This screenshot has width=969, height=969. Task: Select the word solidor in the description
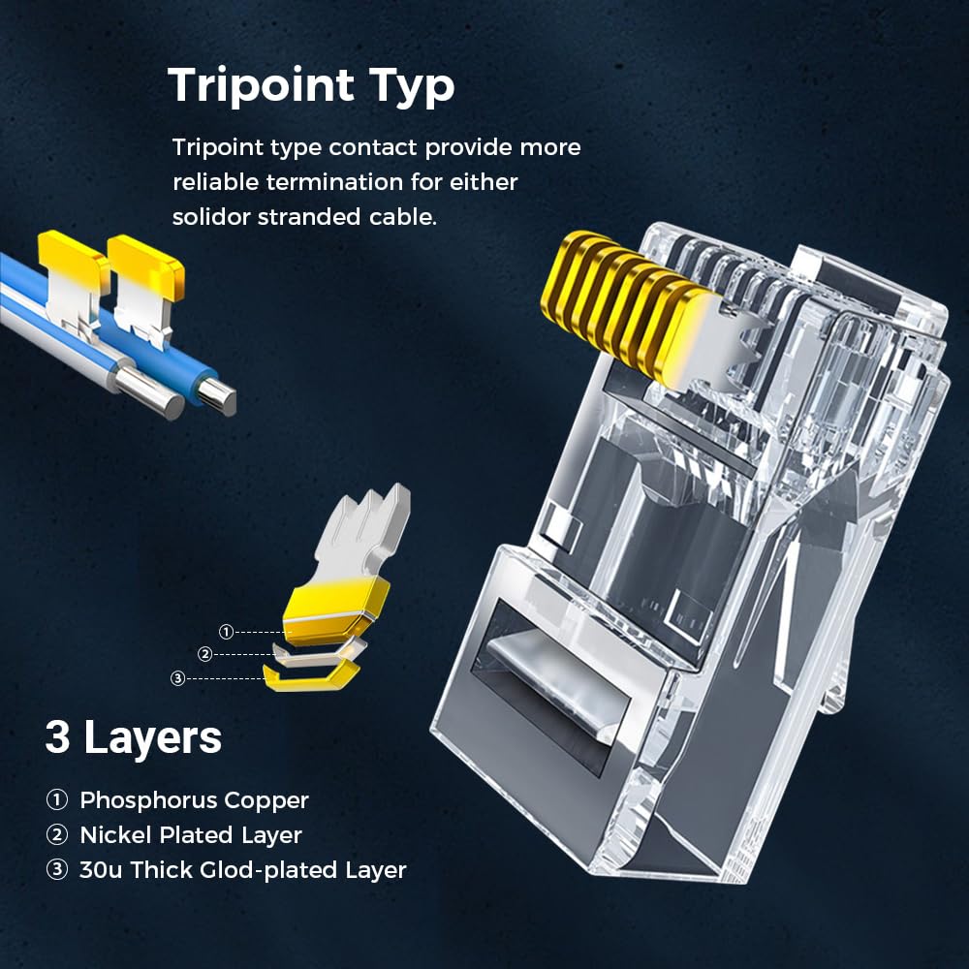[210, 216]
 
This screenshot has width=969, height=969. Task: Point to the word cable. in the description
[402, 216]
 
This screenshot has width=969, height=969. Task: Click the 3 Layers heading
[133, 738]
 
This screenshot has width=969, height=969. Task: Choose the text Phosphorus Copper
[194, 800]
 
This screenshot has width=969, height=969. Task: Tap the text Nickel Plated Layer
[191, 835]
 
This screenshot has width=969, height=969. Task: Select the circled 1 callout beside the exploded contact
[226, 633]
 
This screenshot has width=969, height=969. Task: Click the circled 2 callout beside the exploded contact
[204, 654]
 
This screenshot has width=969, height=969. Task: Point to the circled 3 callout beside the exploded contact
[177, 678]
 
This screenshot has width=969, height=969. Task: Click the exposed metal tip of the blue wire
[222, 398]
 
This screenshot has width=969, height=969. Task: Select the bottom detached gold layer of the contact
[309, 675]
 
